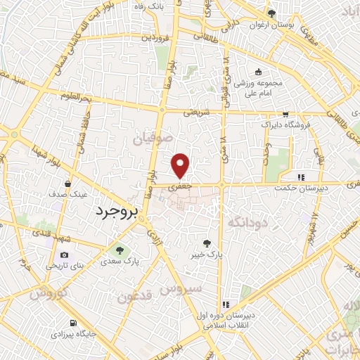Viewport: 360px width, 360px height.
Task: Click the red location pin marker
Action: click(x=181, y=165)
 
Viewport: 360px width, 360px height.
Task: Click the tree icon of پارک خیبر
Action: click(x=206, y=242)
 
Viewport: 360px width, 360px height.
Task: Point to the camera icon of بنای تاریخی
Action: click(x=65, y=255)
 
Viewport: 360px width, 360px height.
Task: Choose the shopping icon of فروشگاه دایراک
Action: click(x=285, y=114)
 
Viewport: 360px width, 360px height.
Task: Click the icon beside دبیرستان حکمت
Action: click(x=300, y=177)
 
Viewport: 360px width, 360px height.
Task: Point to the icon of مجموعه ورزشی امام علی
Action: click(x=258, y=71)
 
